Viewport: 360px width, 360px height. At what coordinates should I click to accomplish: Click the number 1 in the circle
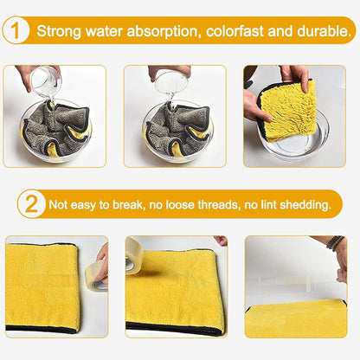pos(16,30)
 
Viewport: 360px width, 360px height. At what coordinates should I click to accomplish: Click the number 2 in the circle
pos(31,203)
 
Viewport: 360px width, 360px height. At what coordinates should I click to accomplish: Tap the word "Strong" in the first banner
pos(59,31)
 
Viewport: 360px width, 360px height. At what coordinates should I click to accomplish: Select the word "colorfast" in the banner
pos(235,30)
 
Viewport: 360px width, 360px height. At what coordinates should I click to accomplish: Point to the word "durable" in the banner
pos(322,30)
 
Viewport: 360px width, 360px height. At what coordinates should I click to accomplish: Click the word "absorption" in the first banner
pos(163,31)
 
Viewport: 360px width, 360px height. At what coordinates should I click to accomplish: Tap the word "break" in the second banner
pos(127,204)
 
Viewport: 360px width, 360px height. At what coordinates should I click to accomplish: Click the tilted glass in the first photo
pos(45,81)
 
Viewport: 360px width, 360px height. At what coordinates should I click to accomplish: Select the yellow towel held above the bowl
pos(287,111)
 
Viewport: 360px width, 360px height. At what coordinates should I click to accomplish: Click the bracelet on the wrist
pos(335,241)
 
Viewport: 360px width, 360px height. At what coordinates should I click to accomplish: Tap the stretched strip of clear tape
pos(298,280)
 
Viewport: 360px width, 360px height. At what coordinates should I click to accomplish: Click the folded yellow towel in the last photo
pos(296,318)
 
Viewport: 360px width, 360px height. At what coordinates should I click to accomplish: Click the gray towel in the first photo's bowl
pos(55,129)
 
